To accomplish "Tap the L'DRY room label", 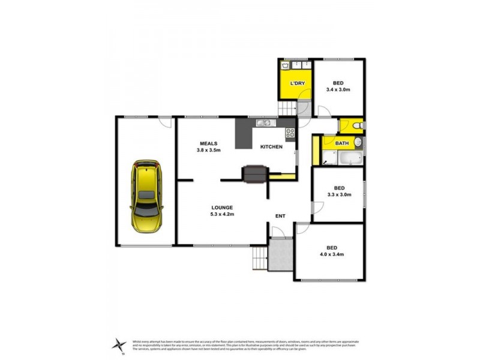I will tap(296, 83).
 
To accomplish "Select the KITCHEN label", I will tap(271, 146).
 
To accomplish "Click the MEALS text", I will tap(208, 143).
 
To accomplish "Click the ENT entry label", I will tap(280, 215).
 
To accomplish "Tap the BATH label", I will tap(342, 143).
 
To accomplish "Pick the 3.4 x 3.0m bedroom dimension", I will tap(338, 89).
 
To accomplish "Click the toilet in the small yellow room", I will tap(356, 125).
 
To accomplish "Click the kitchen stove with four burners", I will tap(290, 133).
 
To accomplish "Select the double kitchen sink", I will tap(264, 123).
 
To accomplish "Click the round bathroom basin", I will tap(358, 143).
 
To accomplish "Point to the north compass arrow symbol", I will tap(119, 344).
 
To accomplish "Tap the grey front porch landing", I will tap(280, 254).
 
